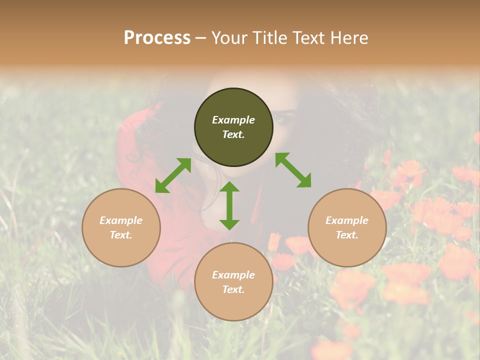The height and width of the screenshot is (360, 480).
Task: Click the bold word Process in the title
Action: [x=157, y=38]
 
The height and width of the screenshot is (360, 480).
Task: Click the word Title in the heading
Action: [x=270, y=38]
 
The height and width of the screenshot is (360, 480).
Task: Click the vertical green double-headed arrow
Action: [x=229, y=205]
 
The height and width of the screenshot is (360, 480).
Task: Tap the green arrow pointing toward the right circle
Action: [x=293, y=170]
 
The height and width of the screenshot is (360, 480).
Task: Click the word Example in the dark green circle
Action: [x=233, y=120]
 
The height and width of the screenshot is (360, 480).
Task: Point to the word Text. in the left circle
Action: [x=121, y=235]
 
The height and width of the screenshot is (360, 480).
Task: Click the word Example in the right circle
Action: [x=347, y=220]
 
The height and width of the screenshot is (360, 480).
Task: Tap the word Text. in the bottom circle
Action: [x=233, y=289]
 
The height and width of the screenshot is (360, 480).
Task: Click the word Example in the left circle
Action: [x=121, y=220]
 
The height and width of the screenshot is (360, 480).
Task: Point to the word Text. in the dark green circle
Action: [x=233, y=134]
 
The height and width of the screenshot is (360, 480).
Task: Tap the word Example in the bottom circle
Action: [x=233, y=275]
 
